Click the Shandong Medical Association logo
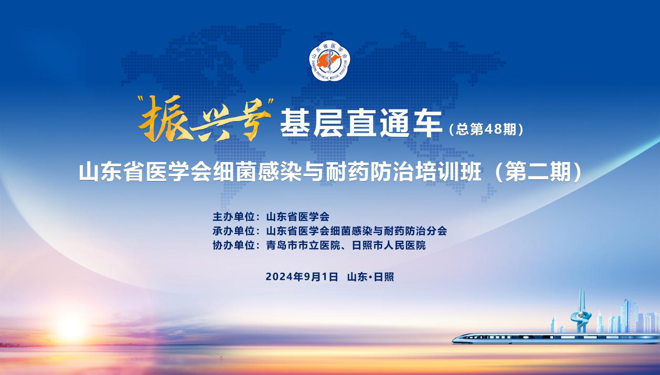329,61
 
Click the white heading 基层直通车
361,123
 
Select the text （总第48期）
486,130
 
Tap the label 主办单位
233,217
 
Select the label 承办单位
233,231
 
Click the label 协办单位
233,245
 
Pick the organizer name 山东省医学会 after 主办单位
297,217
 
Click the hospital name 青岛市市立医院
303,245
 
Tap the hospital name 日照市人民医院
389,245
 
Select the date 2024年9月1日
302,277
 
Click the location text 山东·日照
371,277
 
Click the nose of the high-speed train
454,340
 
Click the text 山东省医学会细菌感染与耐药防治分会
357,231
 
